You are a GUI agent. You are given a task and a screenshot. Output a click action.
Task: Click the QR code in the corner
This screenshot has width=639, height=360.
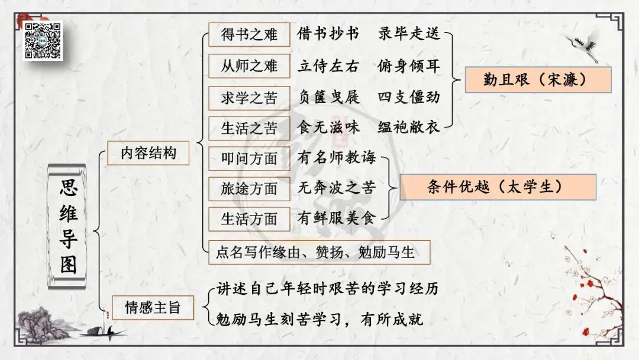pyautogui.click(x=43, y=40)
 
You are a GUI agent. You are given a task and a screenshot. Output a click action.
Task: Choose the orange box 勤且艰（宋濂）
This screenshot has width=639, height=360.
pyautogui.click(x=537, y=80)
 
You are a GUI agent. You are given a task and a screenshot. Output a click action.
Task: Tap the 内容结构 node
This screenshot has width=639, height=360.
pyautogui.click(x=148, y=153)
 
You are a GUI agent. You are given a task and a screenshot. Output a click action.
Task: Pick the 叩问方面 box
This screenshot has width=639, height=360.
pyautogui.click(x=249, y=158)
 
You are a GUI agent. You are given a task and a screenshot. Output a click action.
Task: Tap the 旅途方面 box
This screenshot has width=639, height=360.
pyautogui.click(x=249, y=189)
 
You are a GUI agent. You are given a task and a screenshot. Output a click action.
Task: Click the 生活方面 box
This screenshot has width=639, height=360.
pyautogui.click(x=249, y=219)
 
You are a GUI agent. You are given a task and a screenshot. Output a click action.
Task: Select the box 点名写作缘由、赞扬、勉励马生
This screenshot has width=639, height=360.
pyautogui.click(x=319, y=253)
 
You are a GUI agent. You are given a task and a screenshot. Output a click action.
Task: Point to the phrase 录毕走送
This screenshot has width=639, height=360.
pyautogui.click(x=409, y=34)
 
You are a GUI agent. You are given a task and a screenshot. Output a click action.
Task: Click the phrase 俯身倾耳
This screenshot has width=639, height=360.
pyautogui.click(x=409, y=66)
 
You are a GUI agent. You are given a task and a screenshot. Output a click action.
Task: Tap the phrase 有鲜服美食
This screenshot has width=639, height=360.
pyautogui.click(x=336, y=219)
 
